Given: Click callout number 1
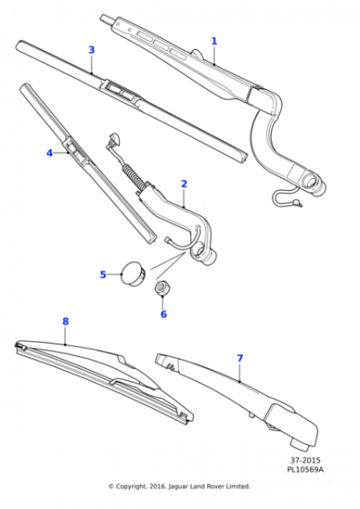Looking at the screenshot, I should click(215, 41).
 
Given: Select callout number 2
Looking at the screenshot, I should click(184, 184).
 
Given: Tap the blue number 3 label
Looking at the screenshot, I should click(91, 50).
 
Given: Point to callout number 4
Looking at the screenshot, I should click(49, 153).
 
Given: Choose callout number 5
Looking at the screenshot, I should click(103, 274).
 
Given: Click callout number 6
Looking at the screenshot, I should click(164, 314).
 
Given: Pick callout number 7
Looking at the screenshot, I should click(240, 358).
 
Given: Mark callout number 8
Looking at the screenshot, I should click(65, 321).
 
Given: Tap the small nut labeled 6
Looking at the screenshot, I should click(164, 289).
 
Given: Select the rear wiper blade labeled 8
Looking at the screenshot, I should click(100, 373).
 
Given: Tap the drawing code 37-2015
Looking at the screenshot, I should click(305, 462).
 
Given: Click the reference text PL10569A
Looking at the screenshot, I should click(305, 472).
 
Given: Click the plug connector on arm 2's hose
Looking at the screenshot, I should click(115, 139).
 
